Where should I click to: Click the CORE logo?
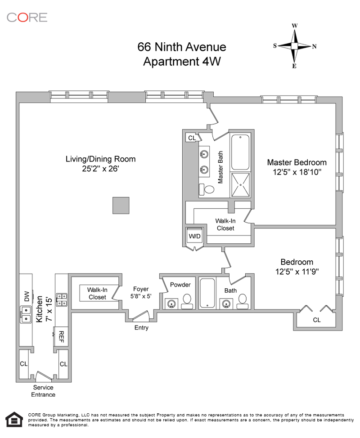point(27,18)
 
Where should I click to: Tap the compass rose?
point(295,46)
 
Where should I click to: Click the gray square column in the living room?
point(121,206)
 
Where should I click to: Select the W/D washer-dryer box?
point(194,236)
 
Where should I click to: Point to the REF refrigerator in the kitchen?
point(61,336)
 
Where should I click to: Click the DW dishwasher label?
point(27,296)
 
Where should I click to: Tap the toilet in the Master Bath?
point(207,190)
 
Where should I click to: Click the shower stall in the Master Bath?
point(240,185)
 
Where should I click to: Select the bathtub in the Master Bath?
point(240,152)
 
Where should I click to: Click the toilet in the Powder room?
point(187,301)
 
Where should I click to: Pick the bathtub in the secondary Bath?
point(207,293)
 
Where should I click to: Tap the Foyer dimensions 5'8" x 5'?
point(141,296)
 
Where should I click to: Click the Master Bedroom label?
point(297,162)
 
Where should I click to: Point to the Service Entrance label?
point(43,391)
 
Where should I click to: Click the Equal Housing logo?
point(14,420)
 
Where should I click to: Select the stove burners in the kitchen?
point(62,299)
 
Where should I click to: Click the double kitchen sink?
point(26,314)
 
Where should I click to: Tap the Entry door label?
point(141,328)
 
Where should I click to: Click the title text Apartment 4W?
point(182,62)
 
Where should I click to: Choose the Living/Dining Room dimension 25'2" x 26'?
point(100,169)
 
